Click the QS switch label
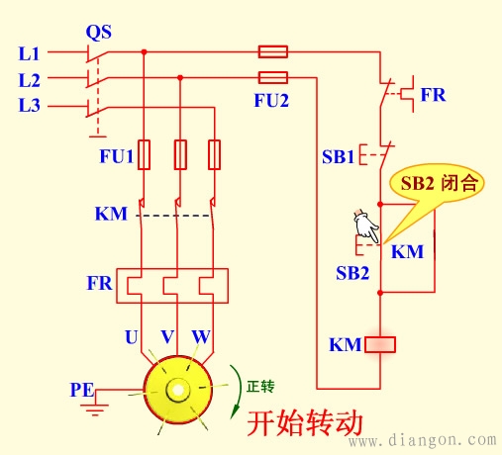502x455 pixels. pyautogui.click(x=98, y=32)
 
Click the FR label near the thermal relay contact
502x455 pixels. pyautogui.click(x=433, y=95)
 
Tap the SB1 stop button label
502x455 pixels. pyautogui.click(x=337, y=155)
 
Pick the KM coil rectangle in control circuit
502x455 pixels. pyautogui.click(x=380, y=345)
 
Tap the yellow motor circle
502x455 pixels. pyautogui.click(x=179, y=389)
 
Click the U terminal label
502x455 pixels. pyautogui.click(x=131, y=336)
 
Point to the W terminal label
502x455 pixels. pyautogui.click(x=201, y=336)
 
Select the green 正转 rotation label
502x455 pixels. pyautogui.click(x=259, y=385)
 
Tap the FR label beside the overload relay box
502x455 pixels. pyautogui.click(x=98, y=284)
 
